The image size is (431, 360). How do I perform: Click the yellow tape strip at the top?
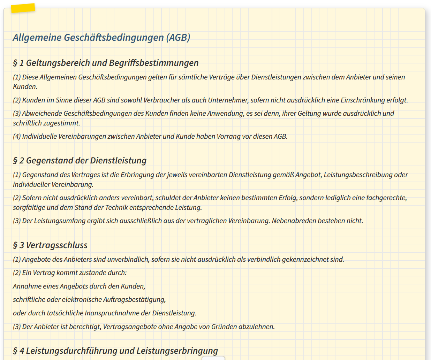tap(23, 8)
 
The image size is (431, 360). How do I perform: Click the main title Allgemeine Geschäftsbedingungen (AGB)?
tap(101, 38)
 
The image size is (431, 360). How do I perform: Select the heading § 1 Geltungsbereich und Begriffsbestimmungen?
tap(106, 63)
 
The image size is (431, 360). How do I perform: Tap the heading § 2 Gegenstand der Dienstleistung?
tap(80, 161)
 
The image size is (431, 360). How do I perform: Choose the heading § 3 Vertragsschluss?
tap(50, 245)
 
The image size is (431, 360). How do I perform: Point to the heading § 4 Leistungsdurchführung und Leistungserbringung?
tap(115, 351)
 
